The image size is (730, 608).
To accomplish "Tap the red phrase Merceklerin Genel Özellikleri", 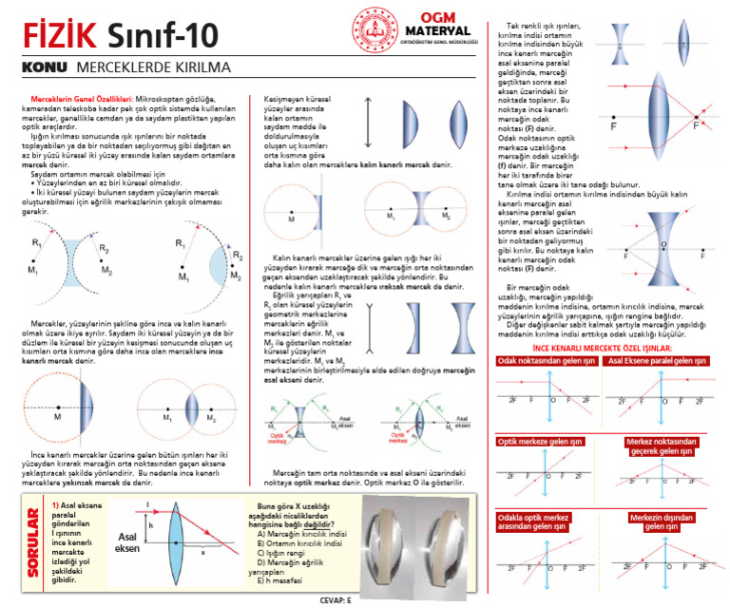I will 82,99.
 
